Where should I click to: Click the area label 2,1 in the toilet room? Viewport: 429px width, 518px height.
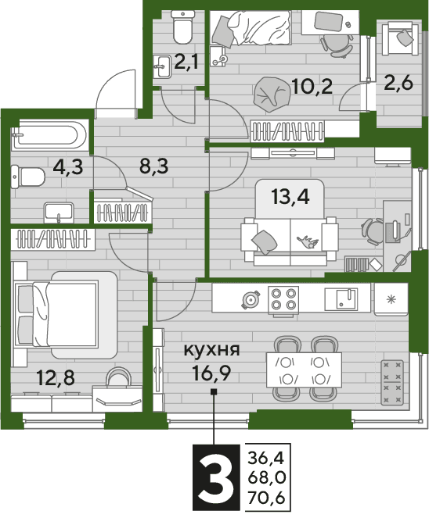click(186, 62)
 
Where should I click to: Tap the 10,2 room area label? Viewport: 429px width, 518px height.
click(312, 87)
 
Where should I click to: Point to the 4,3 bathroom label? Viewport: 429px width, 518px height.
click(69, 167)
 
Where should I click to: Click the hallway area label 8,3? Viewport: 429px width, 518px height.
click(154, 166)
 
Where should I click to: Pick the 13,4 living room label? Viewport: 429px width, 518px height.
click(290, 197)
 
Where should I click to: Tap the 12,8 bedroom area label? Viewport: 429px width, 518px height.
click(56, 378)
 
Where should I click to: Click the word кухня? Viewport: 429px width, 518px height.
click(212, 350)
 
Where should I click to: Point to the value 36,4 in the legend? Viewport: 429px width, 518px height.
click(266, 458)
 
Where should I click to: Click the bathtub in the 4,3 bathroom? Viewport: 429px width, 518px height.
click(50, 134)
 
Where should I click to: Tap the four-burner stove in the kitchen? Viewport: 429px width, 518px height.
click(283, 298)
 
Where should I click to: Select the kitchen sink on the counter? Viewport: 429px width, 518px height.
click(341, 299)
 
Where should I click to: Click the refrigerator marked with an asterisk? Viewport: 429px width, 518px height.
click(391, 299)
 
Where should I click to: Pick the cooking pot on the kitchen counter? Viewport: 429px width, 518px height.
click(251, 300)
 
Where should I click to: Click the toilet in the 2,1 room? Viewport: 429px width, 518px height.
click(182, 27)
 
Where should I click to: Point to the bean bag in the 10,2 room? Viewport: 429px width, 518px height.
click(271, 95)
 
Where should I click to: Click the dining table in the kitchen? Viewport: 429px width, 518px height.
click(304, 370)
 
